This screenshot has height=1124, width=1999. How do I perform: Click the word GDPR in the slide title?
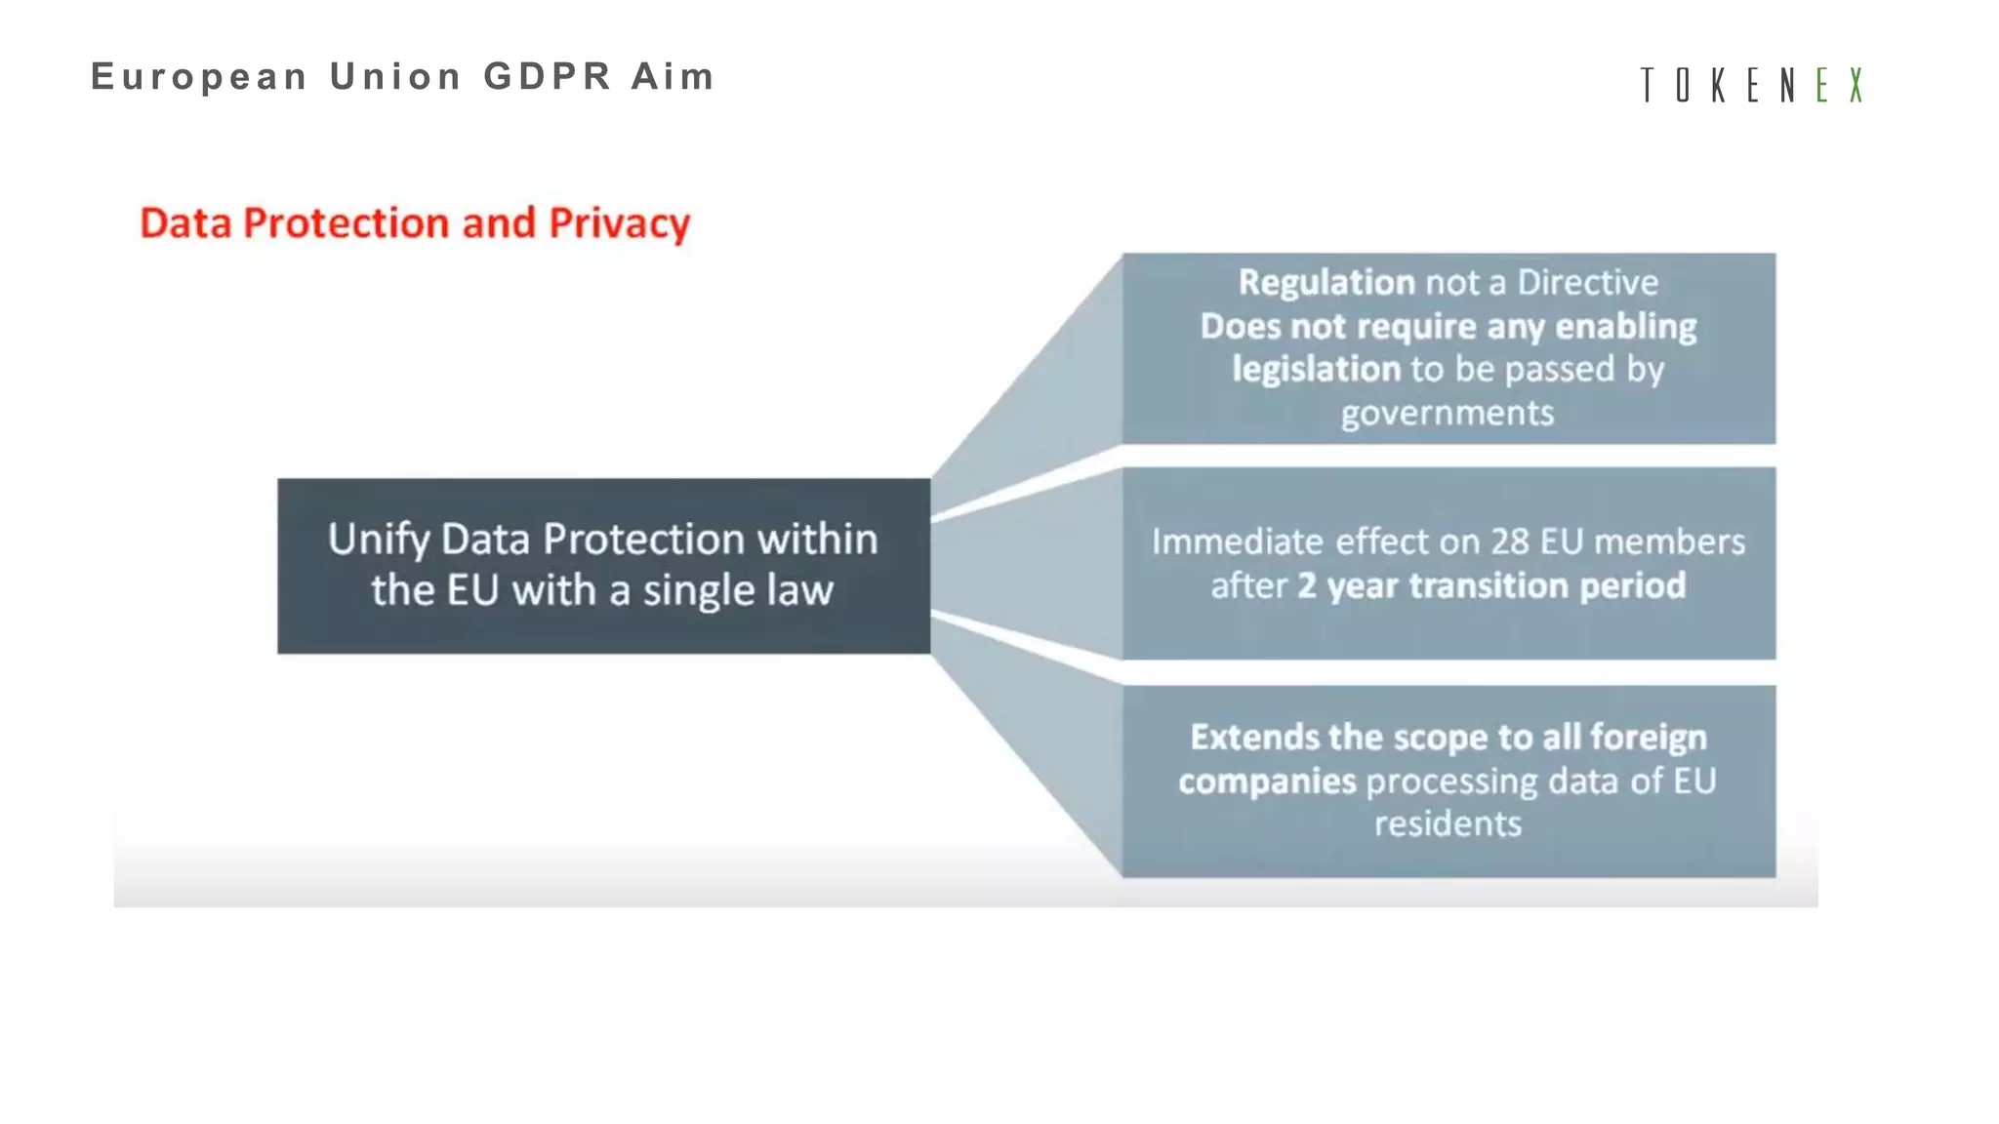coord(548,76)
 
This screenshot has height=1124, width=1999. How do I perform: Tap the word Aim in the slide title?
coord(673,76)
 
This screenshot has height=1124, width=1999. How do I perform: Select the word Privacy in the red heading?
coord(619,224)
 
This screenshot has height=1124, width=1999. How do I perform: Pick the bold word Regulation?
coord(1326,282)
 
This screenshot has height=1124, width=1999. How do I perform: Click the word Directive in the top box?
coord(1587,282)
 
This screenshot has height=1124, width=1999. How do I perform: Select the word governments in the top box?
coord(1448,414)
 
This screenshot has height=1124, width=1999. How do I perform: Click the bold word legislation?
coord(1316,369)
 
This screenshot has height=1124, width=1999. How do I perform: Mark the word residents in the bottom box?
coord(1448,823)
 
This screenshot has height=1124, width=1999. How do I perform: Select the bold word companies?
coord(1267,781)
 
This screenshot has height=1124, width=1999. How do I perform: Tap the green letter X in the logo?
coord(1856,85)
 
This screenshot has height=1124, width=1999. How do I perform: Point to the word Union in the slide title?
coord(395,76)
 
